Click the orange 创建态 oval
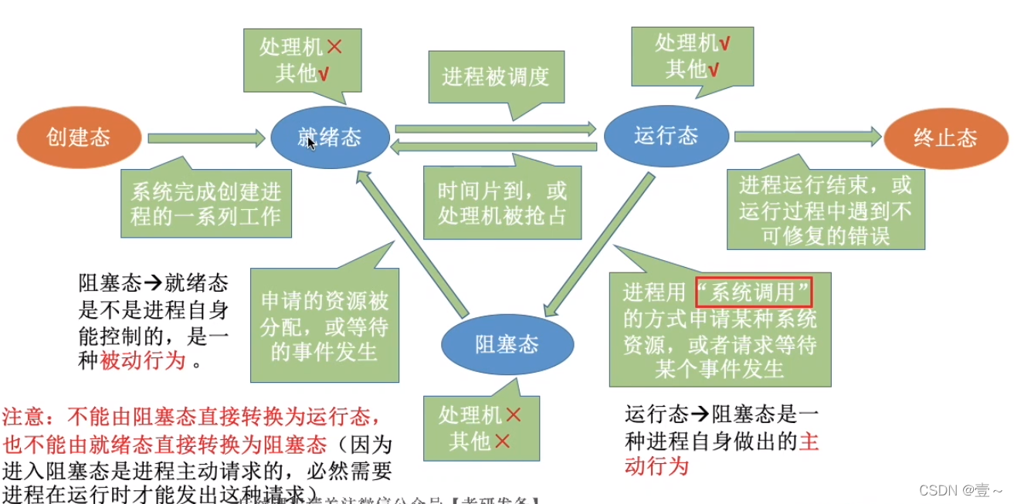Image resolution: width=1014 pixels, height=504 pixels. click(x=79, y=138)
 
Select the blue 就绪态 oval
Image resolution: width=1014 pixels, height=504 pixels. click(x=330, y=138)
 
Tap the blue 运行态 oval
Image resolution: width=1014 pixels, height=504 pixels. click(x=666, y=137)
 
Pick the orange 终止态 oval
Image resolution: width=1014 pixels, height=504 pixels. click(x=945, y=138)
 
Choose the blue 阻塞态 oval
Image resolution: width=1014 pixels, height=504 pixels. click(x=507, y=345)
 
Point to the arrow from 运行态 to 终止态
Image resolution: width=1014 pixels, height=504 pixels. click(x=807, y=137)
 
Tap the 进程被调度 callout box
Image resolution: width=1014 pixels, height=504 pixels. click(x=496, y=77)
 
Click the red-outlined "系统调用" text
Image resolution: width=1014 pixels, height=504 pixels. click(x=754, y=293)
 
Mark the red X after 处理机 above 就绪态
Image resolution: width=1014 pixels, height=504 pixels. click(x=334, y=46)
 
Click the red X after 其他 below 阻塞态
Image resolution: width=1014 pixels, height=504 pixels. click(x=503, y=441)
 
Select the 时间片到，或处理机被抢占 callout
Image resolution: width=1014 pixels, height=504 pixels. click(x=502, y=202)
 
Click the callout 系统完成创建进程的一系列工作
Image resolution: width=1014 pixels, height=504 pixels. click(x=205, y=203)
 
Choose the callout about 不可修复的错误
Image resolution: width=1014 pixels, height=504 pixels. click(x=825, y=210)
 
